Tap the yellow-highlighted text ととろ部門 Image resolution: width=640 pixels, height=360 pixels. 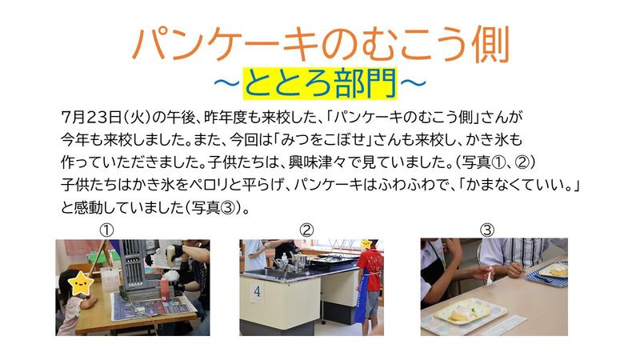[320, 84]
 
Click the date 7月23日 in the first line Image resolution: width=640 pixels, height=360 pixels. [91, 118]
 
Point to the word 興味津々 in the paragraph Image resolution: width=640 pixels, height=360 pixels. [313, 162]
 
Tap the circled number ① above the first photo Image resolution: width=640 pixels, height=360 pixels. [106, 230]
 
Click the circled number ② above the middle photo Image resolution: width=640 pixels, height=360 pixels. [306, 230]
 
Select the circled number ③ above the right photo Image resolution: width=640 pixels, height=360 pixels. [486, 230]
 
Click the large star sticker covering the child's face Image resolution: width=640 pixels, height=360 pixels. [81, 284]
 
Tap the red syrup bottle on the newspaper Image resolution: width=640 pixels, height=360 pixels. [164, 289]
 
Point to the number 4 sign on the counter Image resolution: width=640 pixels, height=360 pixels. [257, 291]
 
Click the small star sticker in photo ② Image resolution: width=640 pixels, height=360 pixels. [366, 244]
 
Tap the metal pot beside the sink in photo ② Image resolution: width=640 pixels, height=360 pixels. [299, 262]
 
